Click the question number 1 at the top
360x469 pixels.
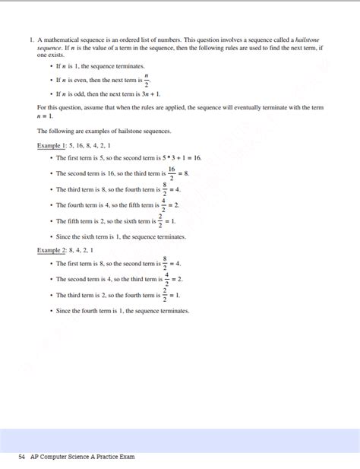point(31,39)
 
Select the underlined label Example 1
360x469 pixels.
point(50,144)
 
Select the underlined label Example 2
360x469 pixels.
point(50,250)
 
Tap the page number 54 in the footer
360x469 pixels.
point(22,457)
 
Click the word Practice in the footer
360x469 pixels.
point(107,457)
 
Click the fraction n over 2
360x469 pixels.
point(146,81)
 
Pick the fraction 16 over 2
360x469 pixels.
point(172,173)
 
